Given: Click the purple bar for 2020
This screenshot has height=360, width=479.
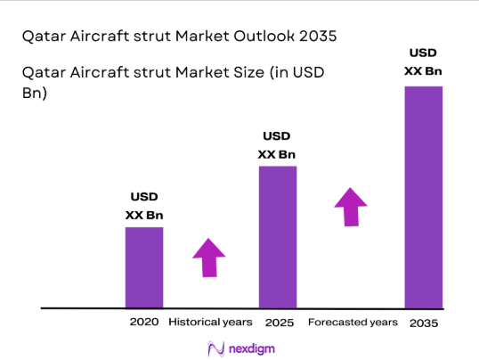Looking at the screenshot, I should tap(143, 267).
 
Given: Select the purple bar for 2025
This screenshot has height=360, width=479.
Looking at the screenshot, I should tap(277, 237).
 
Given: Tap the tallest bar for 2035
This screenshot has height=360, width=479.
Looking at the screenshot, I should tap(424, 197).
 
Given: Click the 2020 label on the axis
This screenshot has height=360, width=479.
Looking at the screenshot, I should tap(143, 321).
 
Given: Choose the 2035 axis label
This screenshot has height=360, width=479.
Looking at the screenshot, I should tap(424, 321).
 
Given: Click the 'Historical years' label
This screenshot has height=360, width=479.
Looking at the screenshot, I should tap(211, 321).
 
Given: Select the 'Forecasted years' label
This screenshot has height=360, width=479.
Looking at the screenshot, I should tap(352, 321).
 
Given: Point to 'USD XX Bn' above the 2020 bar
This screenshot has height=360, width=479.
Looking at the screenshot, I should tap(144, 207).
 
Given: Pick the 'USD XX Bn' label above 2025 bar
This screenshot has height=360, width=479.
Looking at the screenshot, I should tap(277, 145).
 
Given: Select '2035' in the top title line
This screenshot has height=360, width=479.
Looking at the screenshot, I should tap(318, 37).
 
